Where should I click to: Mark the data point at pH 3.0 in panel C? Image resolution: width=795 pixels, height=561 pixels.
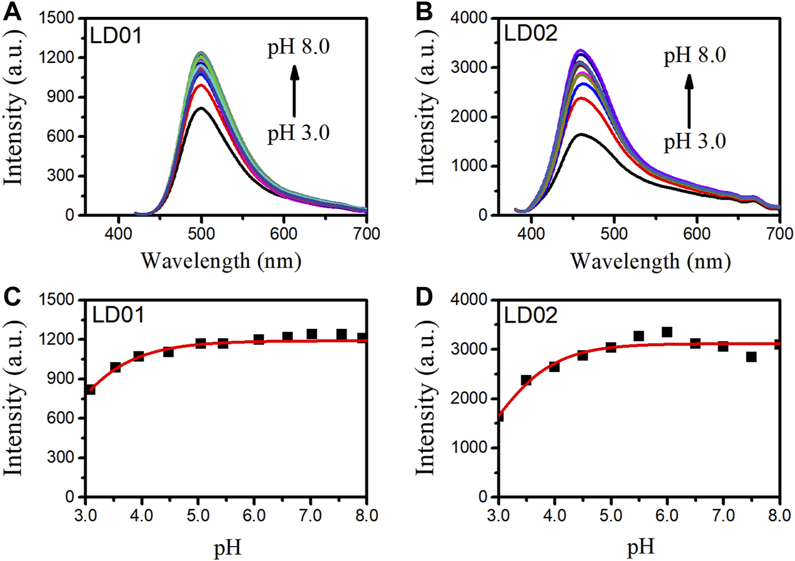click(x=89, y=389)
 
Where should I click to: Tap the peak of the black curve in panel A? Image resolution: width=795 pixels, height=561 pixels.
click(x=201, y=109)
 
